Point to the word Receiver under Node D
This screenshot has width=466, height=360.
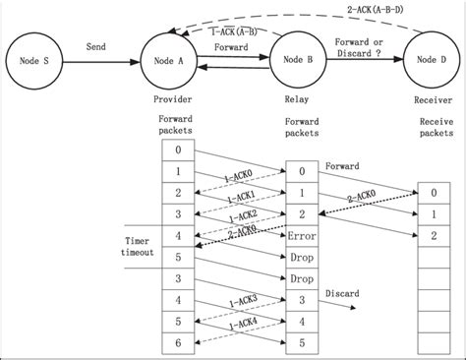coord(432,100)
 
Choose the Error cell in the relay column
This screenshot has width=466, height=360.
coord(302,237)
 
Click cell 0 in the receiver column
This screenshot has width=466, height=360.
coord(434,195)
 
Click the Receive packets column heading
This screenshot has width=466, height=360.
coord(432,124)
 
